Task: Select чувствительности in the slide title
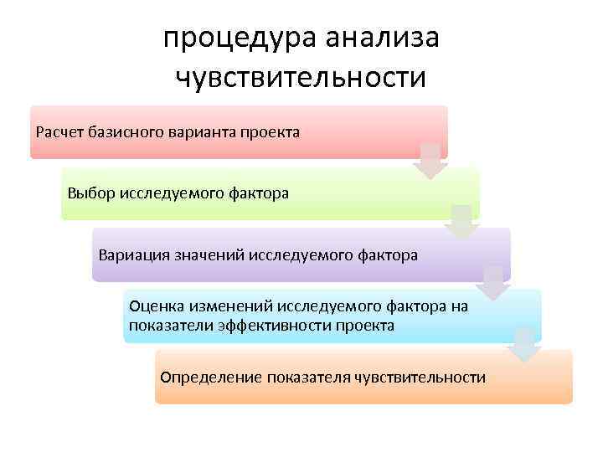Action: coord(301,78)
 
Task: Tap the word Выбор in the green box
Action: coord(90,193)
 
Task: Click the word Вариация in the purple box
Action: coord(131,254)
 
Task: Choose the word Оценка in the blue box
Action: coord(156,307)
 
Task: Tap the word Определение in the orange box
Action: coord(210,378)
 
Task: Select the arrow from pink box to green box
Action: coord(430,160)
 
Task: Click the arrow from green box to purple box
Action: coord(461,221)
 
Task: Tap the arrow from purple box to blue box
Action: coord(493,283)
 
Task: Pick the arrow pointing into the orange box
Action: coord(525,344)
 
